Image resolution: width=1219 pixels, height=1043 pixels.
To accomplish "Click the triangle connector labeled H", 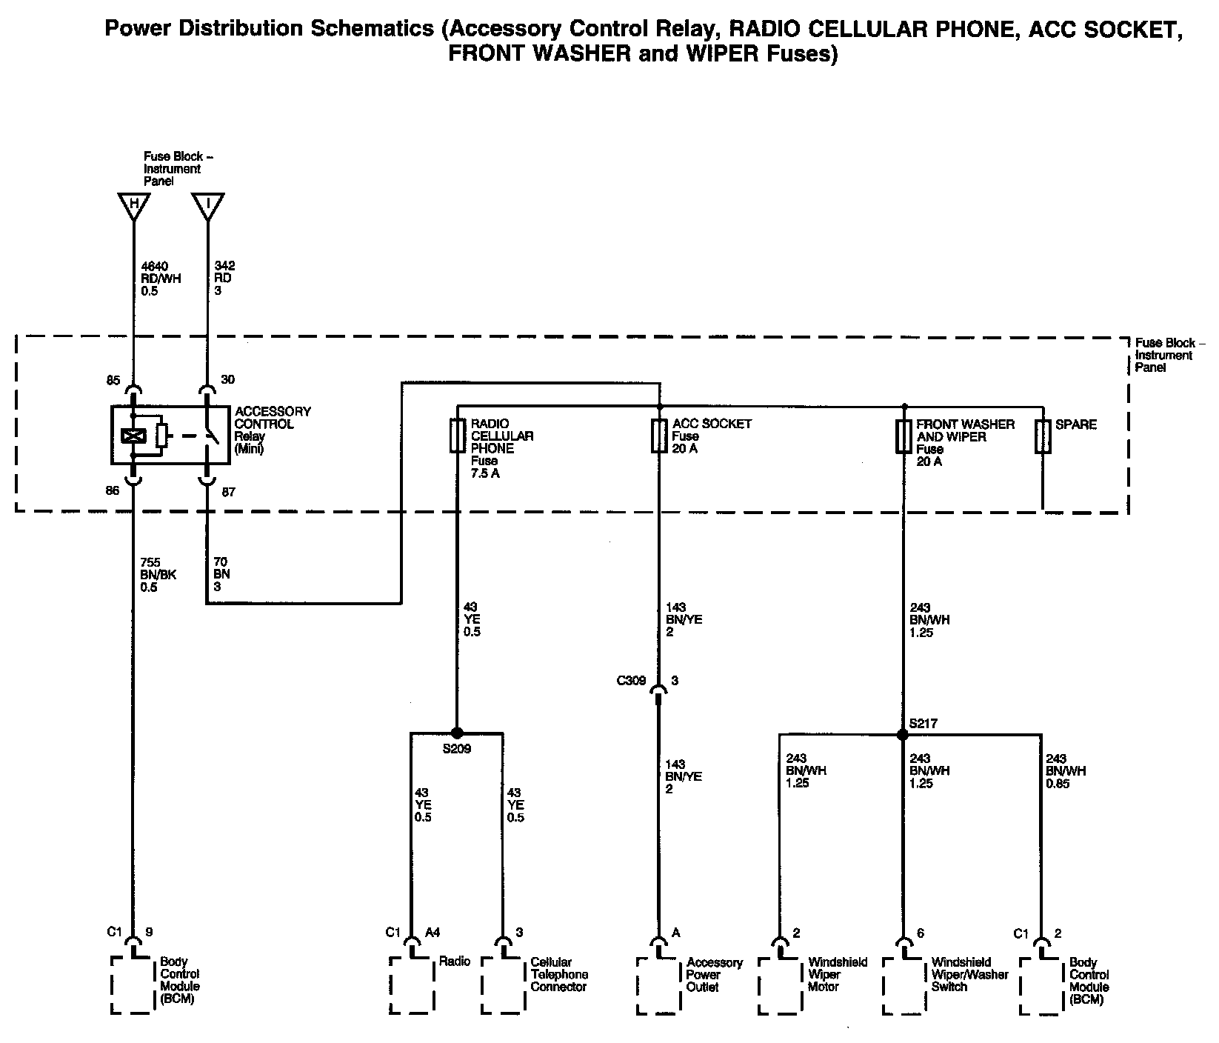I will [134, 205].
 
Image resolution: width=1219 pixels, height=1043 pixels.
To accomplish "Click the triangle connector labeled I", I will [207, 205].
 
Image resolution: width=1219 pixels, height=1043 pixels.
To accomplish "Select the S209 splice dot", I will [456, 733].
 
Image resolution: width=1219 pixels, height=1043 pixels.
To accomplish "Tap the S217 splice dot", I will [902, 735].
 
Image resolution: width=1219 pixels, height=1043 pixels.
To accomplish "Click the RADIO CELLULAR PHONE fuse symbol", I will [456, 436].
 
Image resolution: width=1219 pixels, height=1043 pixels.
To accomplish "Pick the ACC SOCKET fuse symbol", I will [658, 436].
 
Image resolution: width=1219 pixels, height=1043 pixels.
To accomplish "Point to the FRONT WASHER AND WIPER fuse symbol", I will [904, 437].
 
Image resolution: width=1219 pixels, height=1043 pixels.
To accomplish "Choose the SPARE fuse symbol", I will [1043, 437].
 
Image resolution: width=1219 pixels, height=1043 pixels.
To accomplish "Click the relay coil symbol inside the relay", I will [134, 436].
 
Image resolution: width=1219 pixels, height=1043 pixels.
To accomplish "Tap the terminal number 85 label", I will [113, 381].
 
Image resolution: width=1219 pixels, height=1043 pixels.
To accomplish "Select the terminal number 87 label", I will [228, 491].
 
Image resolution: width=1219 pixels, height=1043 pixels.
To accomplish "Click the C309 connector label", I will [631, 681].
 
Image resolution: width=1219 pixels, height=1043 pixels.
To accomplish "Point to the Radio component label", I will [455, 962].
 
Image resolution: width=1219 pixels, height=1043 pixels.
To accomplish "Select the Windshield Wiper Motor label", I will [838, 974].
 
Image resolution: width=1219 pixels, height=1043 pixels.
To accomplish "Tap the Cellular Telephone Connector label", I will [559, 974].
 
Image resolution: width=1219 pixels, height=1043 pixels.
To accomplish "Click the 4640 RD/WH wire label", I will [161, 279].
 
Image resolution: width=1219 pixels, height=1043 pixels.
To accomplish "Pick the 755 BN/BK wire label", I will [159, 575].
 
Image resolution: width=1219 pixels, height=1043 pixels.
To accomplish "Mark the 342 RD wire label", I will [224, 279].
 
